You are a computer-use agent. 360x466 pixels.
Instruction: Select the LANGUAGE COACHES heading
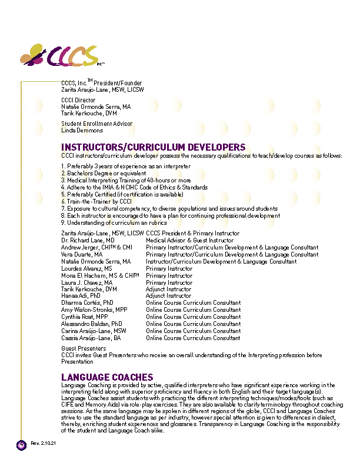[x=107, y=377]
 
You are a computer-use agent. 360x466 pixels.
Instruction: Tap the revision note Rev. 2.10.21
[x=42, y=443]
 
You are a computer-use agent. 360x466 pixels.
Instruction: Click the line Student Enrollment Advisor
[x=96, y=124]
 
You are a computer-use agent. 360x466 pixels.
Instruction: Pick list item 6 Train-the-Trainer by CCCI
[x=96, y=201]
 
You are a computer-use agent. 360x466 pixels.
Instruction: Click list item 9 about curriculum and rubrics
[x=114, y=222]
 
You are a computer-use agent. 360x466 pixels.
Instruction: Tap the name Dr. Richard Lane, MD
[x=84, y=240]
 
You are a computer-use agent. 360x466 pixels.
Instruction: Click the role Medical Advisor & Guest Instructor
[x=189, y=240]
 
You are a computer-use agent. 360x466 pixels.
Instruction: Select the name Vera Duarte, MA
[x=81, y=254]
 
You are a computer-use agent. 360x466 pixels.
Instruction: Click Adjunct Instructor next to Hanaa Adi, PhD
[x=168, y=296]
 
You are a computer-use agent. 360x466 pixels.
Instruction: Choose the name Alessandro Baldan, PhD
[x=91, y=324]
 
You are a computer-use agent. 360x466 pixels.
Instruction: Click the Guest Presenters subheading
[x=84, y=348]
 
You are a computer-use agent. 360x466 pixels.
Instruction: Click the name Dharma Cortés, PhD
[x=87, y=303]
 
